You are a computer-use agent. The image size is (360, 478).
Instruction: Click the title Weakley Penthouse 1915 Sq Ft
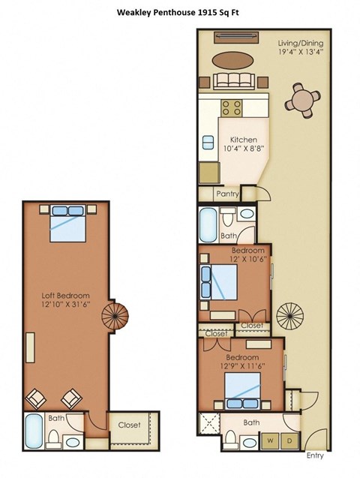[180, 12]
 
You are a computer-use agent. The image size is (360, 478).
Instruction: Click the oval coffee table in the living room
[233, 60]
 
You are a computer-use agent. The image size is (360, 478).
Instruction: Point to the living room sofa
[233, 82]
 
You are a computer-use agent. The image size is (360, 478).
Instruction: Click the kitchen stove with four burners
[233, 107]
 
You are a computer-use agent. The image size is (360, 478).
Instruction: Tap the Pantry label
[227, 194]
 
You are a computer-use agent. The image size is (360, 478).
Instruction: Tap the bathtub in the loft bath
[34, 433]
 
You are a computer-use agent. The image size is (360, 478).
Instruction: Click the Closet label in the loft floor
[129, 425]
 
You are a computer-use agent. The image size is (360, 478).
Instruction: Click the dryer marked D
[289, 441]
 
